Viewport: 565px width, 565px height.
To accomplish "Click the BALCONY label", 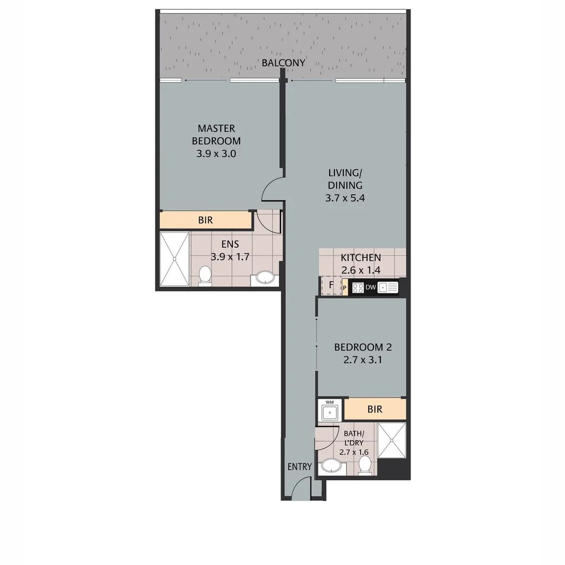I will (284, 63).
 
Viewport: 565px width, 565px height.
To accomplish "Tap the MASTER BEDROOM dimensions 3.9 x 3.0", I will (216, 154).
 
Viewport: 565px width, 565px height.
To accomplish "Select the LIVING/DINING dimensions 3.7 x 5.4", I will (345, 198).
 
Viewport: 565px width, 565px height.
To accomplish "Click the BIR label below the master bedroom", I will (206, 220).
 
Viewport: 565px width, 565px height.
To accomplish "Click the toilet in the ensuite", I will (205, 276).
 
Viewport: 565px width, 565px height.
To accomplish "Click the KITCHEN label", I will (360, 258).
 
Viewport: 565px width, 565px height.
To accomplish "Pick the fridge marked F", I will (331, 286).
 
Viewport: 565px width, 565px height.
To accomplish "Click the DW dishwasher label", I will (370, 287).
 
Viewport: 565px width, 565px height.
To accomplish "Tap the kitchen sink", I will (388, 287).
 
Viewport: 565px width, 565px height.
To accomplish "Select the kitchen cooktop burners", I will (358, 287).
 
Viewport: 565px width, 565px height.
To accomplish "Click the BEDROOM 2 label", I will (363, 347).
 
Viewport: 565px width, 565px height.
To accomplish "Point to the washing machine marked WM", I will (330, 410).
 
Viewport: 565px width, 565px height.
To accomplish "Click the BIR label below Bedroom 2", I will (375, 409).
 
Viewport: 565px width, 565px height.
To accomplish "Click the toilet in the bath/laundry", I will (365, 464).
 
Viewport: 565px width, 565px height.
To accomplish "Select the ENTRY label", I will (300, 467).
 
